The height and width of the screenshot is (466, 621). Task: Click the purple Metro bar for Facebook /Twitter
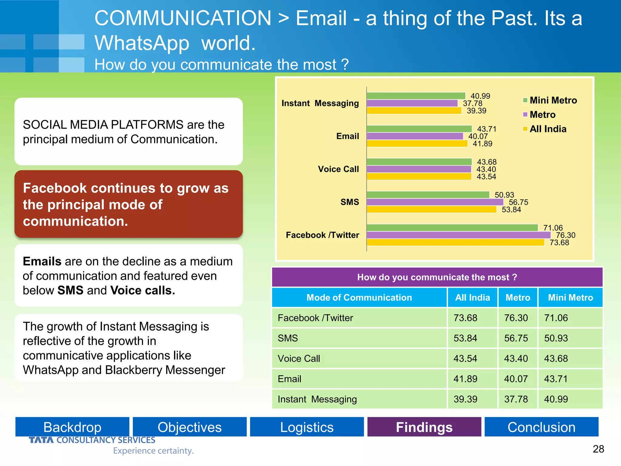coord(458,235)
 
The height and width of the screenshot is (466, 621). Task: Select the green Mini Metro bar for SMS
coord(428,195)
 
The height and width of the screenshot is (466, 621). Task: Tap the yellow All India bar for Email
coord(417,144)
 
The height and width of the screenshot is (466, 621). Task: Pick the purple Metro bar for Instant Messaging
coord(412,103)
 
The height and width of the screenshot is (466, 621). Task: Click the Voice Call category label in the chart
coord(338,169)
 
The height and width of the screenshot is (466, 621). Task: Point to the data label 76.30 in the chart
coord(566,235)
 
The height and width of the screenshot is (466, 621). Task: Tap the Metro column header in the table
coord(518,298)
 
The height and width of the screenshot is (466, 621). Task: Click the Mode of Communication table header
coord(359,298)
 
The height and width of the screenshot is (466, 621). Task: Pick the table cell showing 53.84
coord(465,338)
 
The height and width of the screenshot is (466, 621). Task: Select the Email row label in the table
coord(290,379)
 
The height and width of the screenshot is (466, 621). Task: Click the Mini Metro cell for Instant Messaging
coord(556,399)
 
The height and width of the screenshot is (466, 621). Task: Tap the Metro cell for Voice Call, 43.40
coord(516,359)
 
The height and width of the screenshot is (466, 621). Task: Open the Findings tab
coord(424,427)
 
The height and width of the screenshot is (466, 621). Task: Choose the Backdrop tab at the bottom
coord(72,427)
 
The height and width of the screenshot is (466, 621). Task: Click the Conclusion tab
coord(542,427)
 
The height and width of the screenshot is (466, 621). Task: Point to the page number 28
coord(598,449)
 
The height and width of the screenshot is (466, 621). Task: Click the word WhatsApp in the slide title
coord(142,43)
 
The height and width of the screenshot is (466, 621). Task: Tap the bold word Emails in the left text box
coord(42,262)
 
